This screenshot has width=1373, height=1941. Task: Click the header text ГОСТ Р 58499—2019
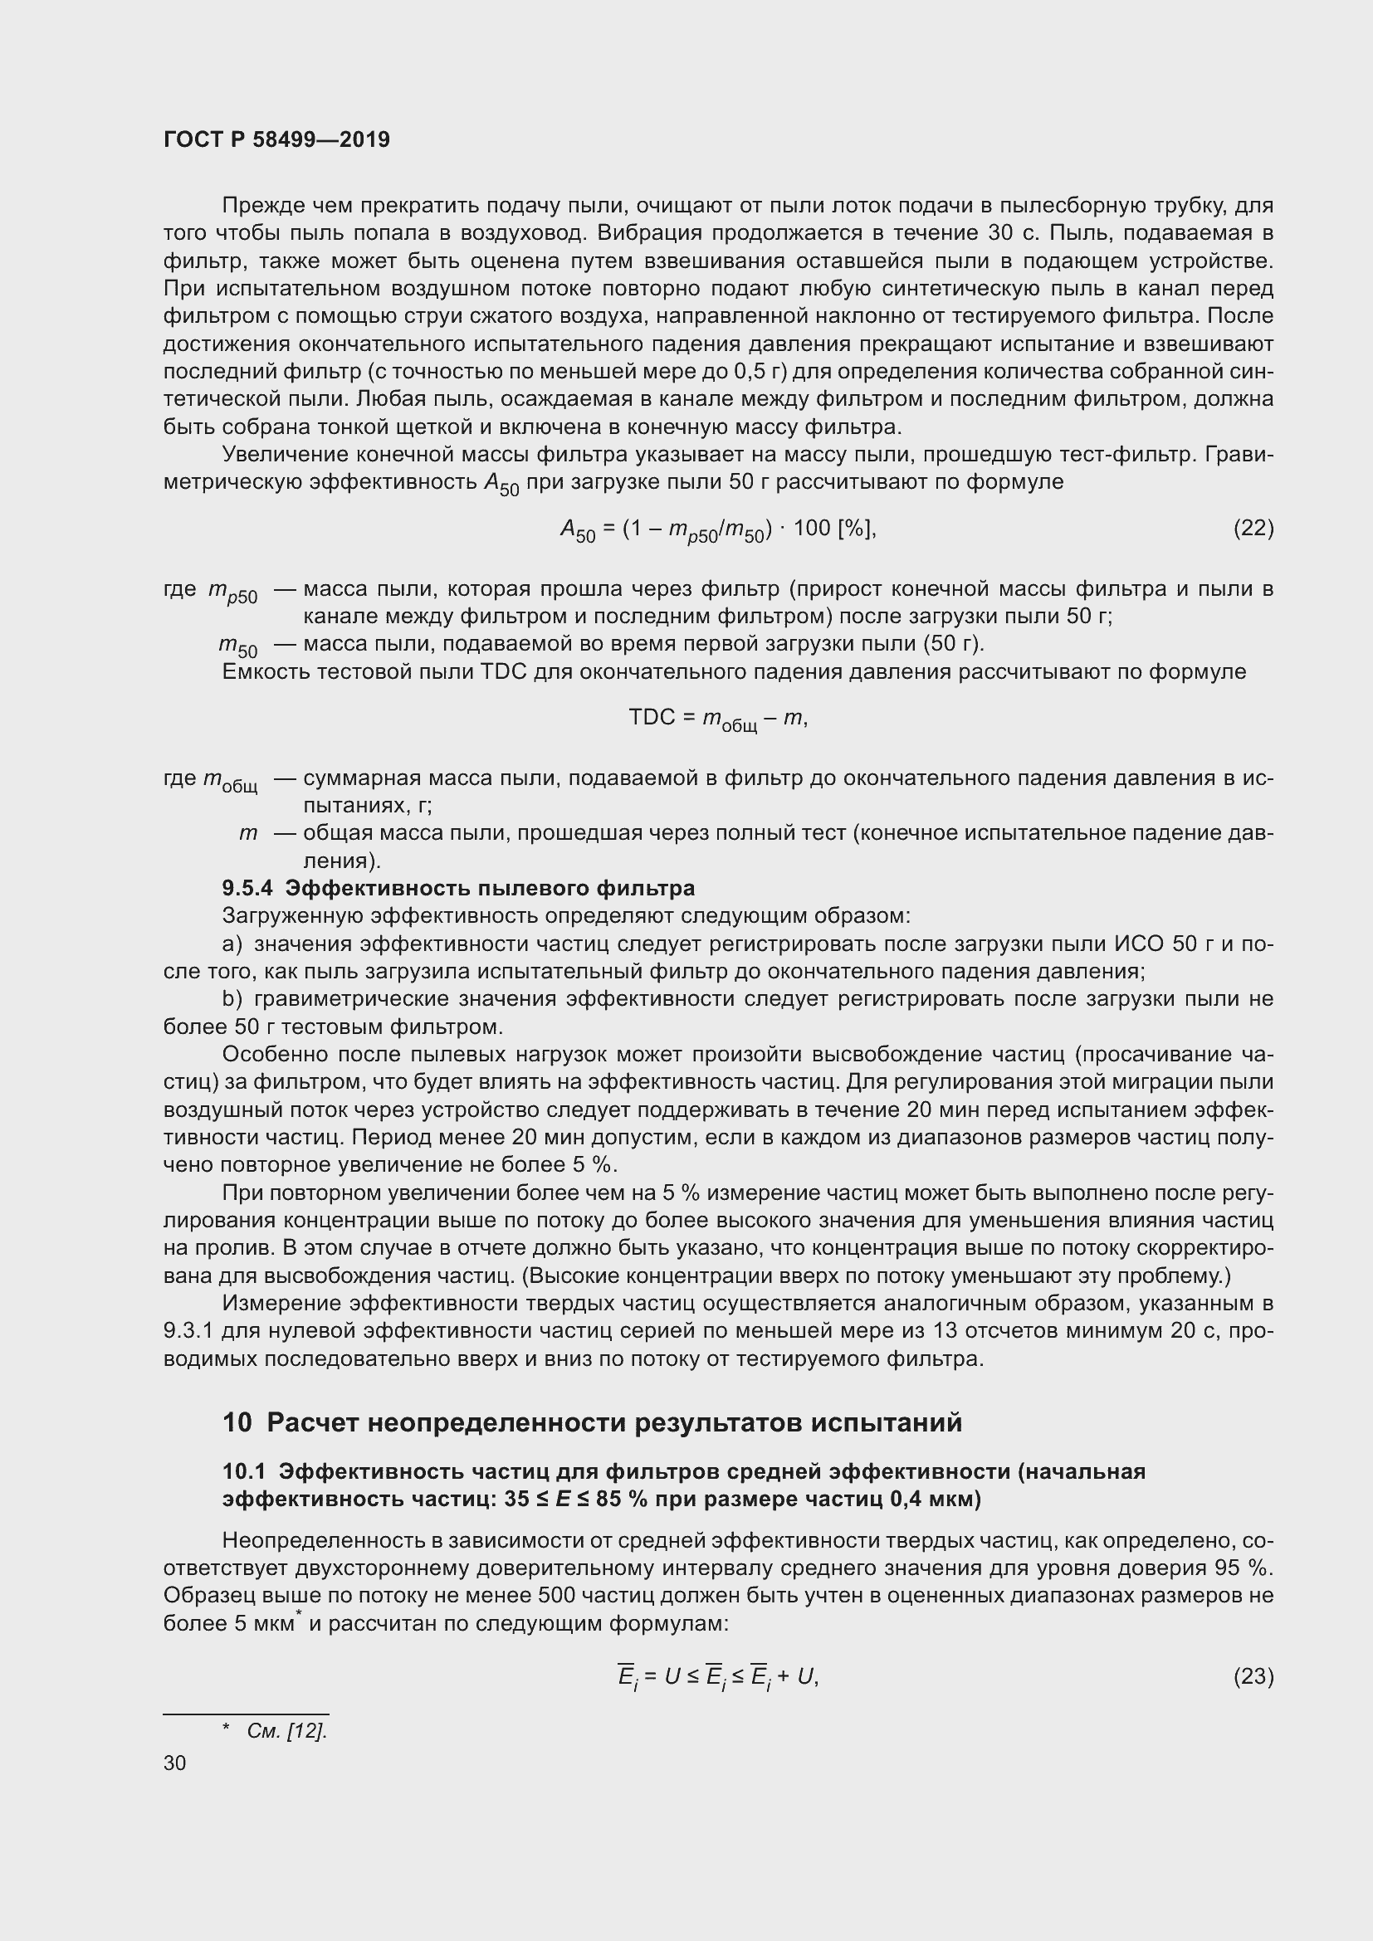(x=276, y=139)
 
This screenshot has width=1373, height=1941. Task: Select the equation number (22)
(x=1253, y=529)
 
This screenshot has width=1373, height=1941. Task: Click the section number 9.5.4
(x=247, y=888)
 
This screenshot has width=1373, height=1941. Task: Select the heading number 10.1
(x=243, y=1471)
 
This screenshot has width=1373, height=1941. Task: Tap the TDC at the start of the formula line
(x=650, y=718)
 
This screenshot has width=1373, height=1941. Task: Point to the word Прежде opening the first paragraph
(x=259, y=206)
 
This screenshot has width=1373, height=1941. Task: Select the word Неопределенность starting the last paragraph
(x=305, y=1540)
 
